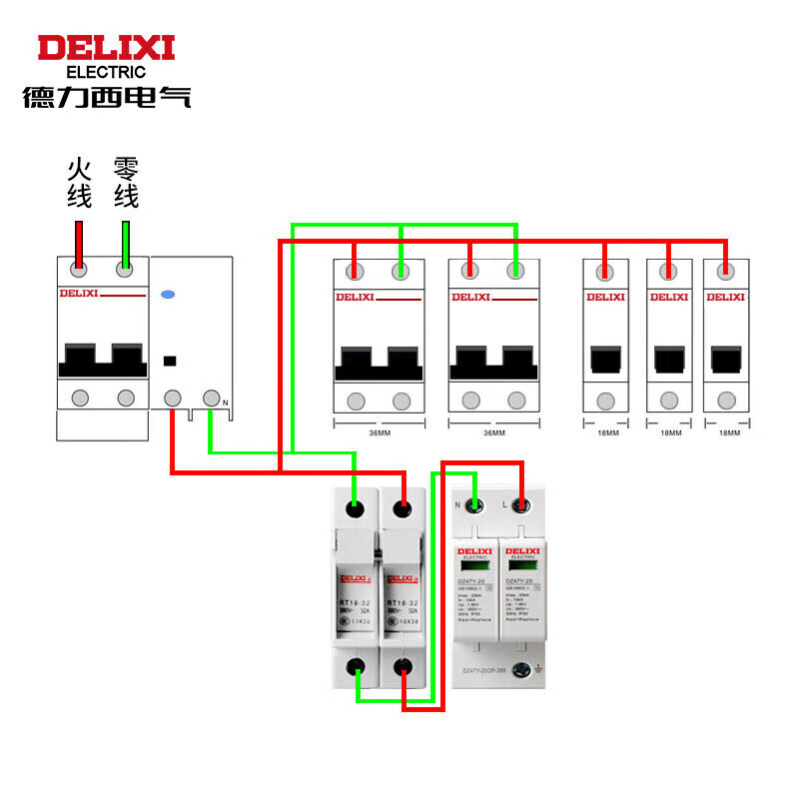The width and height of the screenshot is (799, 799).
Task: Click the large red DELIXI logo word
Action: [106, 48]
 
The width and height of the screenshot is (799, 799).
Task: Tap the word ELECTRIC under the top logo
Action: [106, 72]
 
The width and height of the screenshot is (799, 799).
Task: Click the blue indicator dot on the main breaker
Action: [168, 295]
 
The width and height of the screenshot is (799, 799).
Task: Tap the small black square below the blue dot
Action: [170, 360]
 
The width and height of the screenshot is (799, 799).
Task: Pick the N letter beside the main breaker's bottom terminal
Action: [226, 402]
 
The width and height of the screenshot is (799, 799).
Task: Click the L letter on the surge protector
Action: [504, 505]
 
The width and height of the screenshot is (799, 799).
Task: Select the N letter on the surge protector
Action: [458, 505]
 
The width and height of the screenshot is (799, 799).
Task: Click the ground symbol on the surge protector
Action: [538, 668]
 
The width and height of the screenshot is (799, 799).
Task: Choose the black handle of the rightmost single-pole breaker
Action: [725, 360]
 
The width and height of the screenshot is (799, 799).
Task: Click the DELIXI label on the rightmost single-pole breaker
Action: [725, 297]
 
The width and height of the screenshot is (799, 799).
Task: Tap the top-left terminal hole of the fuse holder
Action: [356, 509]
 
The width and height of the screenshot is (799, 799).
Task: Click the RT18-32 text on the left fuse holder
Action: [355, 603]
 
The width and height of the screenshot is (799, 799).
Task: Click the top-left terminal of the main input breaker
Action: [79, 269]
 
